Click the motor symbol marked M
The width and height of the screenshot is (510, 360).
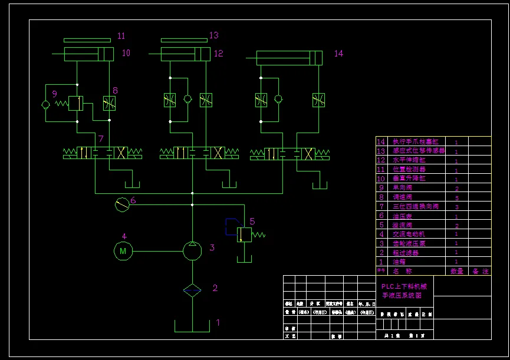123,251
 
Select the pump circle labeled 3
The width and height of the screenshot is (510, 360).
192,251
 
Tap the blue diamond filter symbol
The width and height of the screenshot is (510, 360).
192,289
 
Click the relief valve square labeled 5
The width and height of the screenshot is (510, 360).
244,234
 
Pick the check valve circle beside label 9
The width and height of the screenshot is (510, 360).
46,104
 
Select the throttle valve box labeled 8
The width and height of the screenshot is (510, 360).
109,104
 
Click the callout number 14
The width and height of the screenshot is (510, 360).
338,54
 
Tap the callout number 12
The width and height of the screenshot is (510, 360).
219,54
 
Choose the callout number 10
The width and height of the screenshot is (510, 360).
126,53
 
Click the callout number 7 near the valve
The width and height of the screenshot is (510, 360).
101,139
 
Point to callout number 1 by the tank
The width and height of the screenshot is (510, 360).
218,322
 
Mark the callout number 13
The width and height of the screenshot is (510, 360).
213,35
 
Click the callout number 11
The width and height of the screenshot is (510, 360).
121,36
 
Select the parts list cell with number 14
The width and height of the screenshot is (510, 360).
381,141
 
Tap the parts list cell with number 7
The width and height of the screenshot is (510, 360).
381,206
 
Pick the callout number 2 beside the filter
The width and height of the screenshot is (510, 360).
215,288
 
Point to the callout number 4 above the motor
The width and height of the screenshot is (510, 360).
124,236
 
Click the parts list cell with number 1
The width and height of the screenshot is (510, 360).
381,262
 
